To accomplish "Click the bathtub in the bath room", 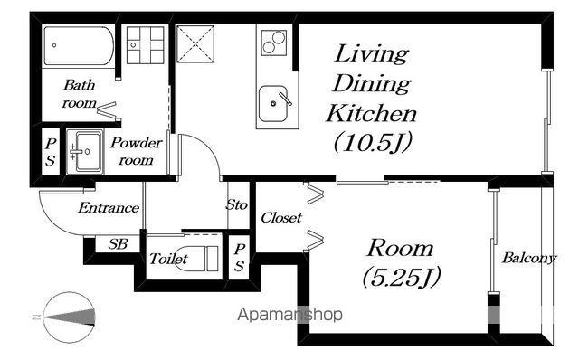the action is (x=79, y=46).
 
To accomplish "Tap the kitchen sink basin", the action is (x=273, y=104).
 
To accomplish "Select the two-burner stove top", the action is (x=273, y=43).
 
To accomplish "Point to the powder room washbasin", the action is (x=84, y=152).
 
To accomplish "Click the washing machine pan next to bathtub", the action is (x=145, y=44).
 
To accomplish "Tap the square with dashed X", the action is (x=195, y=44).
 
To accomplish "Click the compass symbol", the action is (x=69, y=317).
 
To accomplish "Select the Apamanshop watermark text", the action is (x=289, y=315).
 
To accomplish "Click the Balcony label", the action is (x=528, y=258).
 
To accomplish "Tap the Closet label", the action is (x=281, y=217).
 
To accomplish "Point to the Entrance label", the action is (x=109, y=207).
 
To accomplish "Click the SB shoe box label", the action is (x=118, y=243).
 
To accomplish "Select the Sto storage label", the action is (x=236, y=204).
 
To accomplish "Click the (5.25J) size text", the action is (x=402, y=277).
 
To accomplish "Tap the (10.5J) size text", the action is (x=373, y=142).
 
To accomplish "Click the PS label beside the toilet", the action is (x=239, y=258).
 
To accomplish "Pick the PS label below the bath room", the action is (x=51, y=152).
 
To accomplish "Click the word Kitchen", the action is (x=372, y=113).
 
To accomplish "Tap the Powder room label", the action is (x=137, y=151).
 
